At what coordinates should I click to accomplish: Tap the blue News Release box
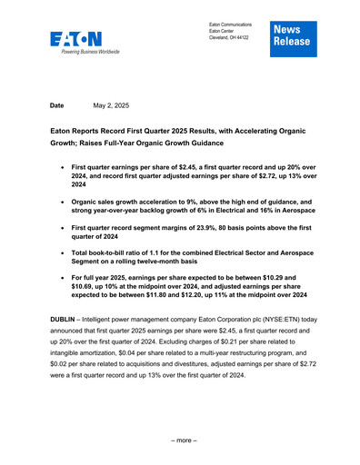pos(289,35)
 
